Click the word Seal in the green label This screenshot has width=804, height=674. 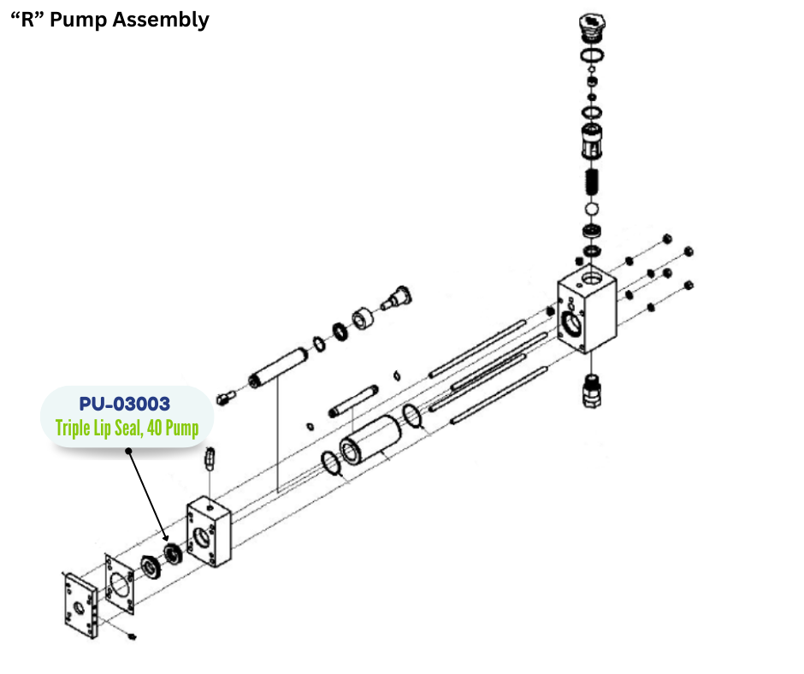click(x=130, y=428)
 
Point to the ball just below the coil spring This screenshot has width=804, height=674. click(x=591, y=210)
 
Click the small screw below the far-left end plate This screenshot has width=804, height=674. click(x=132, y=637)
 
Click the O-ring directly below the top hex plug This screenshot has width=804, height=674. click(x=591, y=56)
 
